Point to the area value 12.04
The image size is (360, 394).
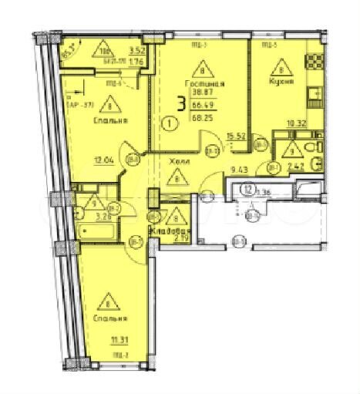point(104,161)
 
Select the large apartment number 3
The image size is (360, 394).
point(180,106)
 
